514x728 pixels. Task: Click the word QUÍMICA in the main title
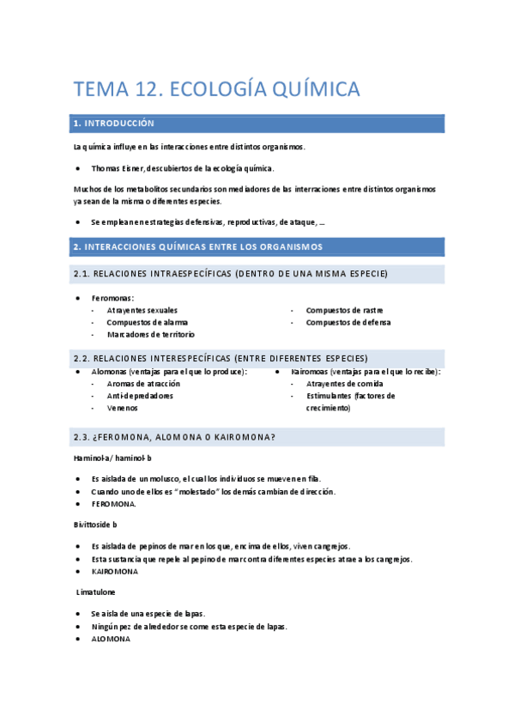(304, 88)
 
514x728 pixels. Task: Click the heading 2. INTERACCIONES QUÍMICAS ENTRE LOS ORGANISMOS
(198, 247)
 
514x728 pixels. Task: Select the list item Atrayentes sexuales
(142, 310)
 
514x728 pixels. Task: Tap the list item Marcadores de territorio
(150, 334)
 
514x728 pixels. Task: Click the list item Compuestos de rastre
(344, 310)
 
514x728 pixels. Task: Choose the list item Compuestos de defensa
(348, 322)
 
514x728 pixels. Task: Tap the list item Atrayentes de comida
(345, 384)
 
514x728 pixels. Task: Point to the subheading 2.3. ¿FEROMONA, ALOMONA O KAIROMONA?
(175, 437)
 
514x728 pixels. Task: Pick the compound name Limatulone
(96, 592)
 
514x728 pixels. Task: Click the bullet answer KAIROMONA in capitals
(114, 571)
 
